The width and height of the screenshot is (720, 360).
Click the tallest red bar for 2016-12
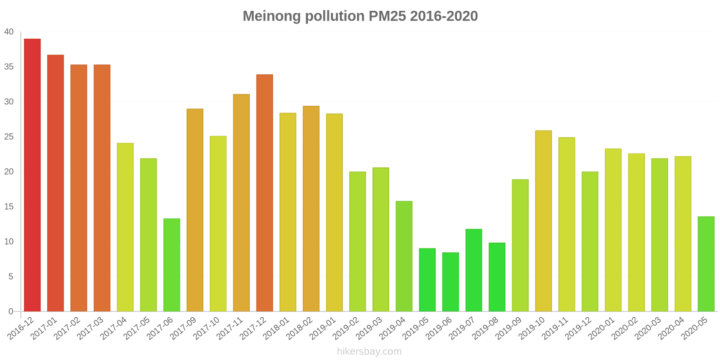(x=32, y=175)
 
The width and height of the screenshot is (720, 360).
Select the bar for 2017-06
(x=171, y=265)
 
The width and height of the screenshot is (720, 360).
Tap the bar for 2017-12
(x=265, y=193)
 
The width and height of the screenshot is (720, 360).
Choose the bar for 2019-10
(x=543, y=221)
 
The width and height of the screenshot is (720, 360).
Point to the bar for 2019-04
(x=404, y=256)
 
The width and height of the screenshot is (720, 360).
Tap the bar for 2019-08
(x=497, y=277)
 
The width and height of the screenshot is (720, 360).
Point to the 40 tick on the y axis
(x=9, y=32)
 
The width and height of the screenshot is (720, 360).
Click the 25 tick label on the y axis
(x=9, y=137)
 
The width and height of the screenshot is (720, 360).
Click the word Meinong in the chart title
(x=272, y=16)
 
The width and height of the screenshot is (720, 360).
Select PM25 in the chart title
(x=387, y=16)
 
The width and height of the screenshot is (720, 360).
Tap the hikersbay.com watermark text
(x=369, y=351)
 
